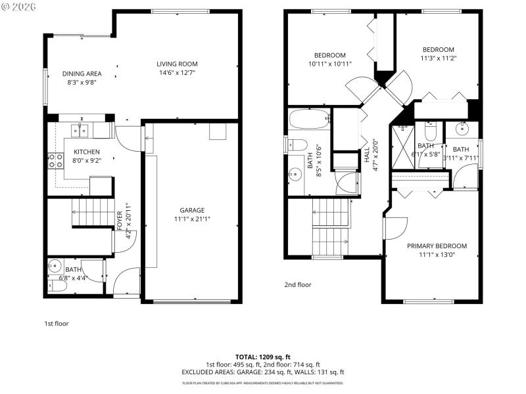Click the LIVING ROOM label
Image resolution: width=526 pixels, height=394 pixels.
pyautogui.click(x=177, y=64)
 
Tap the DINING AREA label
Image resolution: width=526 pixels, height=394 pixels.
pyautogui.click(x=82, y=74)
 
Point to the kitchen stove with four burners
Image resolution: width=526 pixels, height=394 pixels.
pyautogui.click(x=53, y=161)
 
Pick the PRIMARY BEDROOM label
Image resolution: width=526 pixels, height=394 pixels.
pyautogui.click(x=437, y=246)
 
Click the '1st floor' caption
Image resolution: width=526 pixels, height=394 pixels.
pyautogui.click(x=56, y=323)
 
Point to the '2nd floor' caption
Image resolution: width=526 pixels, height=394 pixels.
pyautogui.click(x=298, y=284)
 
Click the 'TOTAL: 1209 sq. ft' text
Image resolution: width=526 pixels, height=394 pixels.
pyautogui.click(x=263, y=357)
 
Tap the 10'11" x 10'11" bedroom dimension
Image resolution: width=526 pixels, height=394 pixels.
pyautogui.click(x=329, y=64)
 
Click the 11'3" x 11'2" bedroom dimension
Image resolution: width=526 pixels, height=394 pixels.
pyautogui.click(x=438, y=58)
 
